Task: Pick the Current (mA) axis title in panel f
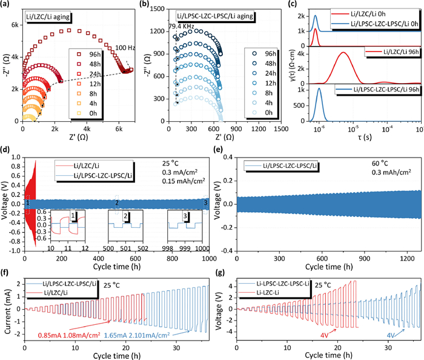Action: (7, 308)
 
